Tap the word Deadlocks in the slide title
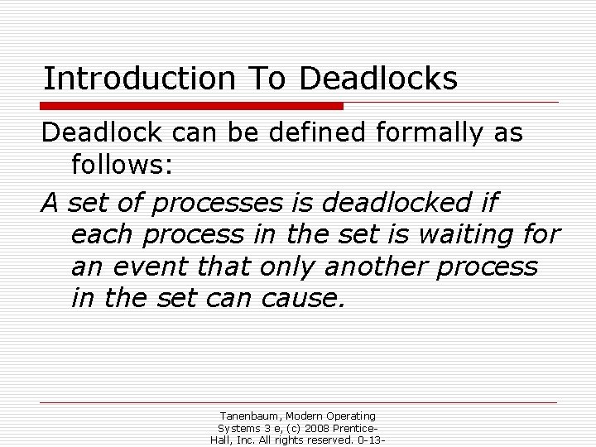(x=378, y=79)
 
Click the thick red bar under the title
(x=192, y=106)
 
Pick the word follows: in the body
(x=122, y=166)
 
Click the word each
(x=103, y=234)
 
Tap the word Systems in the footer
(x=238, y=428)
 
